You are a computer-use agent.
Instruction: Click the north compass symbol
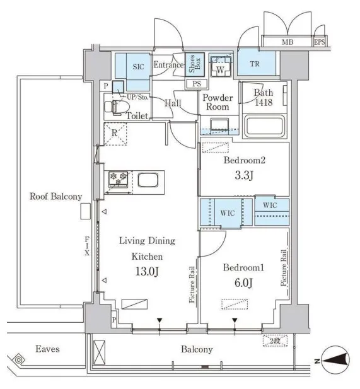336,360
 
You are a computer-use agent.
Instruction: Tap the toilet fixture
117,107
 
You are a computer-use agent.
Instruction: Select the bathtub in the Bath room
264,126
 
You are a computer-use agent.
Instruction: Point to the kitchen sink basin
148,180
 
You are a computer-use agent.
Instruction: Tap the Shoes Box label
195,64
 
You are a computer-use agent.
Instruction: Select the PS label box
197,84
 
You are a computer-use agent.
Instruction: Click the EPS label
320,42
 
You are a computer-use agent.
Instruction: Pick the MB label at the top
287,42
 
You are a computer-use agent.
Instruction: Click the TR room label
255,64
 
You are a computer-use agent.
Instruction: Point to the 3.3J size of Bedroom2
244,175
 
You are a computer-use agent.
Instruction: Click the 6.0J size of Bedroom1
243,282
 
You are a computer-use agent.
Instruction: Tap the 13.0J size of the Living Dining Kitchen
147,271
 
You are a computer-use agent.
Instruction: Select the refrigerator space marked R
115,134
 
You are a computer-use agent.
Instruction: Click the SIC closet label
138,67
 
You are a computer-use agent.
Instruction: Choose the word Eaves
48,349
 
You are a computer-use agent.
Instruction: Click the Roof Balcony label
56,197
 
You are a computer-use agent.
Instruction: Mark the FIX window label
87,246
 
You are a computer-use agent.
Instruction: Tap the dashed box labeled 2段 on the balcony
275,340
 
